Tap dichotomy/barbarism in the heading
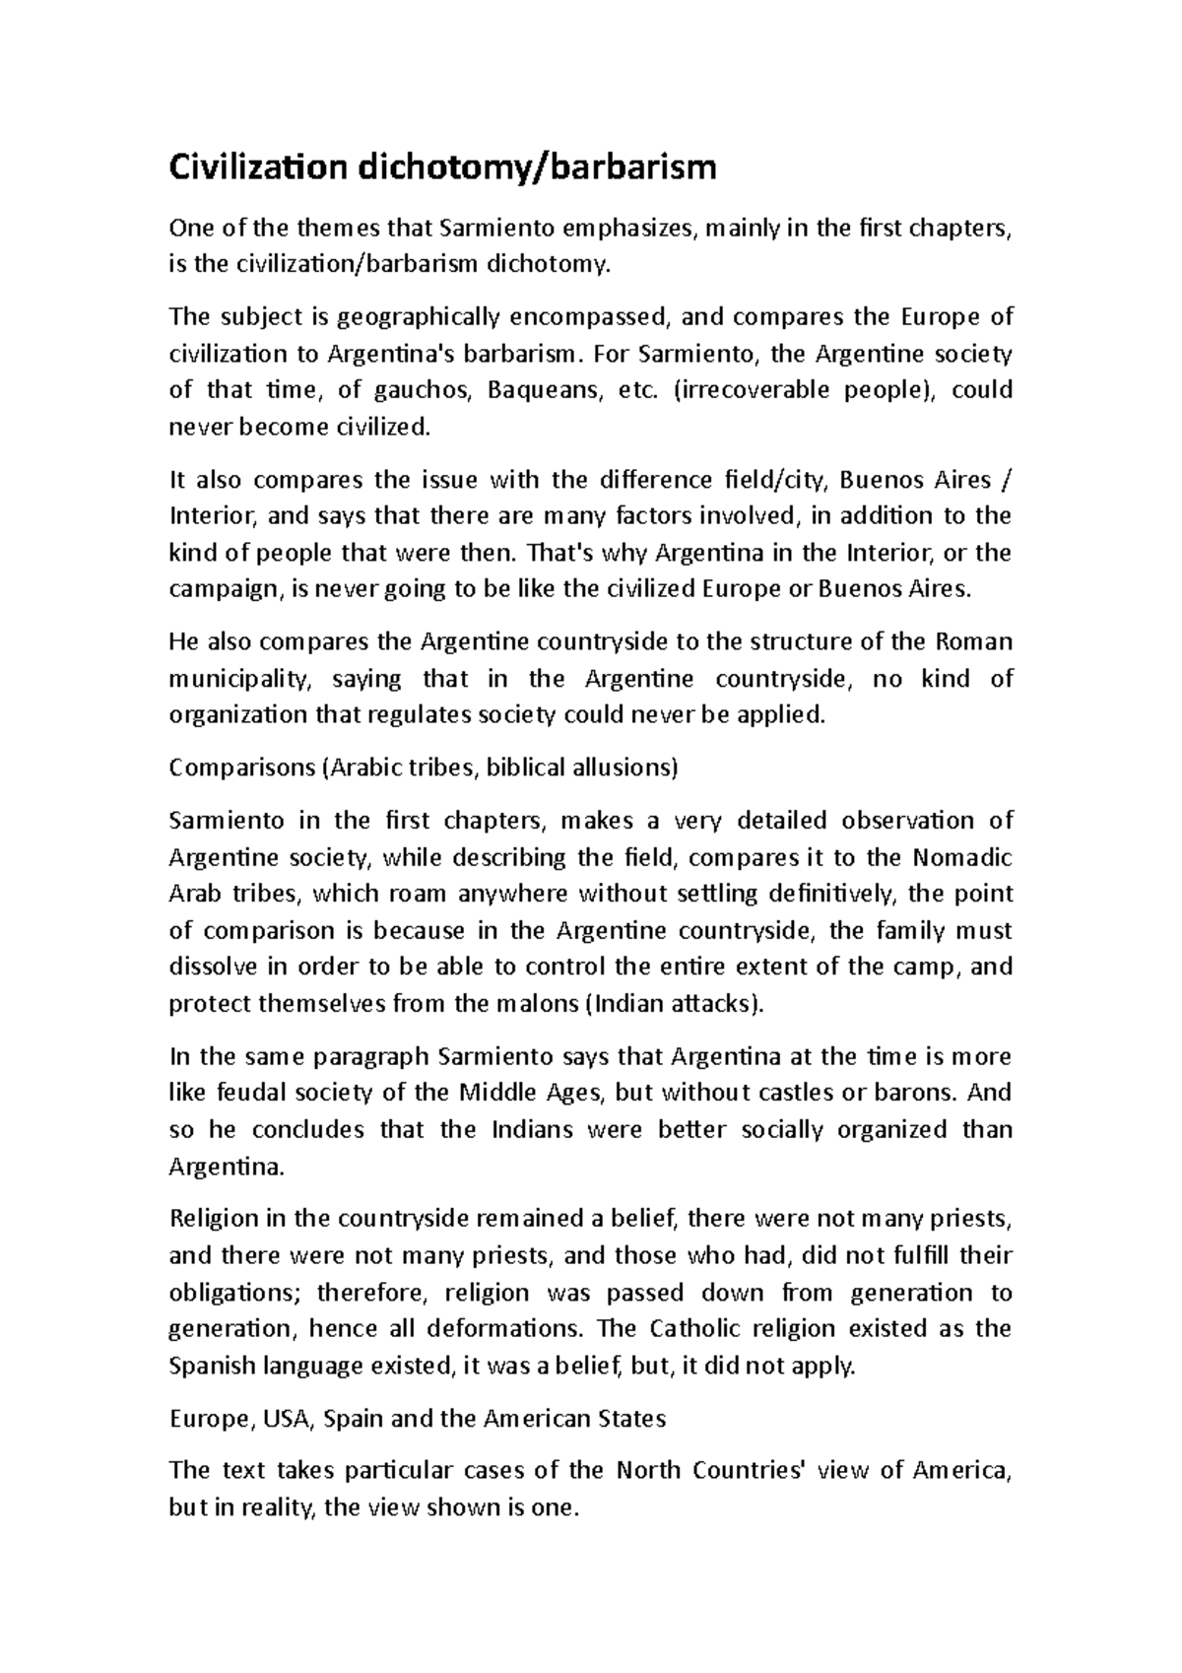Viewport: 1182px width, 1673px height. coord(537,168)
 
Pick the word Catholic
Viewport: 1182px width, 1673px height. coord(694,1329)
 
